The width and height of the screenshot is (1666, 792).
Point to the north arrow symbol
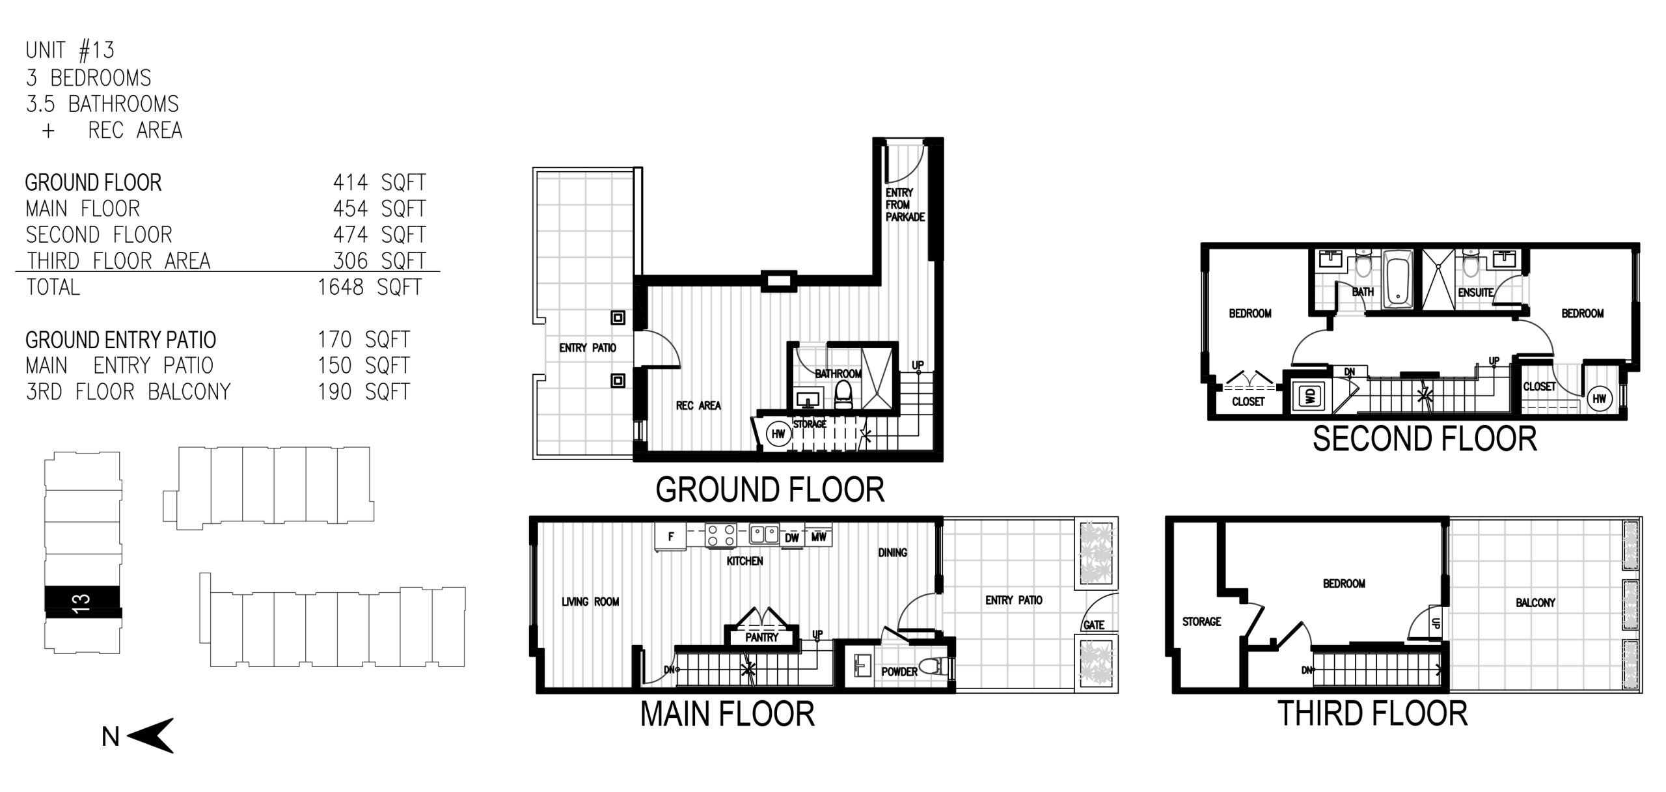coord(150,735)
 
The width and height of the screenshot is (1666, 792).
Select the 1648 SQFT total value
coord(370,287)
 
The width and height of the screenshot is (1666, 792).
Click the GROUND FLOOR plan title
coord(770,490)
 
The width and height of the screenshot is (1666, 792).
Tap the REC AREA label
coord(698,405)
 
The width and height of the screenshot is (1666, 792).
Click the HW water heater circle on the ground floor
coord(778,434)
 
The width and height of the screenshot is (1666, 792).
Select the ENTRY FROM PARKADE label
coord(905,204)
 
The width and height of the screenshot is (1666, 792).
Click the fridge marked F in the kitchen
coord(671,536)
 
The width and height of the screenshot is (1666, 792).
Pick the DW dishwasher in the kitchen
coord(791,537)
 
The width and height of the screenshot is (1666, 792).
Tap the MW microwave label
coord(819,536)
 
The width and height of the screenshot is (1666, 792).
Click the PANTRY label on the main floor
coord(761,637)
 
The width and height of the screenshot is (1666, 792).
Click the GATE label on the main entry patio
coord(1094,625)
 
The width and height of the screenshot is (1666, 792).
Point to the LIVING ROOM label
coord(590,602)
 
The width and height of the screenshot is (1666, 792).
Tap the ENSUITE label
coord(1475,293)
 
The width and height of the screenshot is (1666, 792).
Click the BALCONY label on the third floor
coord(1535,603)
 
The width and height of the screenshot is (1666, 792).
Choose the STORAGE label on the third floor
coord(1201,621)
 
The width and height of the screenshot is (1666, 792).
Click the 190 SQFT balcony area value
coord(364,392)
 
